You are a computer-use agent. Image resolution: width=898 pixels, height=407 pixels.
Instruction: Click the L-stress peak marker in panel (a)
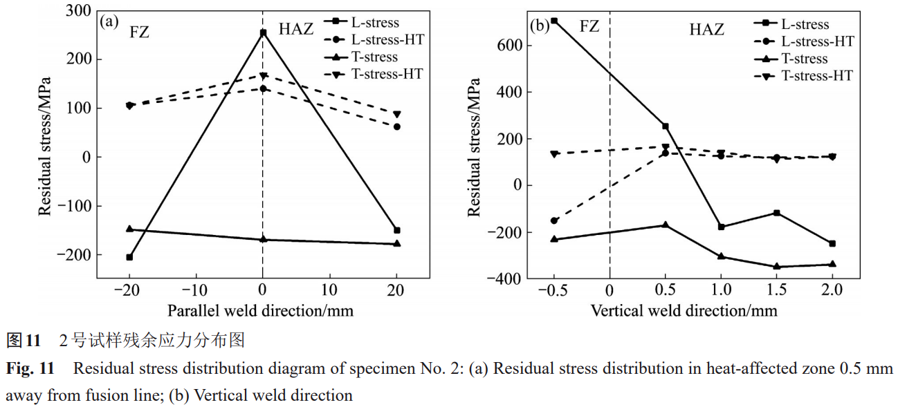263,32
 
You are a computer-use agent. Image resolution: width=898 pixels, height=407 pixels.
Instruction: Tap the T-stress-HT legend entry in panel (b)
816,76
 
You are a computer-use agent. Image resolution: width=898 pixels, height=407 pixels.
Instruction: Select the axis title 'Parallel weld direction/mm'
260,310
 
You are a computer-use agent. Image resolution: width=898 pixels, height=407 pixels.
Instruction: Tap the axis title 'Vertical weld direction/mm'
684,310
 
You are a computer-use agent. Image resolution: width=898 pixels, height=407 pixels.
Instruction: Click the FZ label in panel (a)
139,30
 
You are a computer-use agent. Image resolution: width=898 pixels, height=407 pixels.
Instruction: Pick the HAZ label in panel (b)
706,30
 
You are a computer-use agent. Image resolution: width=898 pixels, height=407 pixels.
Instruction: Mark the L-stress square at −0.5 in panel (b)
554,21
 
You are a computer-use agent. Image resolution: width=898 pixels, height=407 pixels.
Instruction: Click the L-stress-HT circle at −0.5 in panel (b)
554,220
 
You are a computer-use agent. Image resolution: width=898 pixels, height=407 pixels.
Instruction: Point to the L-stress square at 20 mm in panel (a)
397,230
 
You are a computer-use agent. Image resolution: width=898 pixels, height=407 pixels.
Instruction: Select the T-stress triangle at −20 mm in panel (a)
129,229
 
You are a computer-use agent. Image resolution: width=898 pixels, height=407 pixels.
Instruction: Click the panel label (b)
539,27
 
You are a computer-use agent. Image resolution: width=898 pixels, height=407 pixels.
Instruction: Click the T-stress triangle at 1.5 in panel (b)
776,266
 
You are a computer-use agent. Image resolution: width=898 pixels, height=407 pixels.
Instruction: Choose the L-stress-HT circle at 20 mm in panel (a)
397,126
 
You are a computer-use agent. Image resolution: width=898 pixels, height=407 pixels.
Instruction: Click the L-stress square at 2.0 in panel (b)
832,243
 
